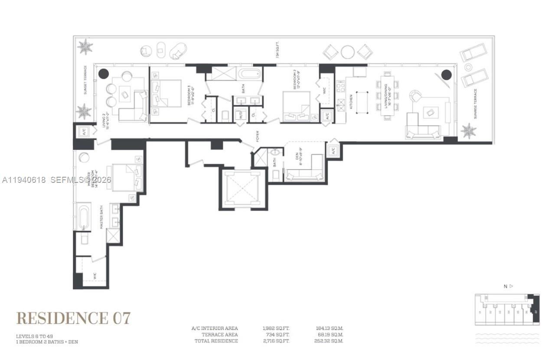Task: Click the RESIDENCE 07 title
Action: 73,318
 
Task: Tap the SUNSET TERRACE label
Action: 85,80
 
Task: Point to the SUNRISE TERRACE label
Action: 475,104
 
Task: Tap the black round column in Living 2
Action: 103,74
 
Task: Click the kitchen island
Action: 362,102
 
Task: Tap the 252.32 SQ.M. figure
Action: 329,341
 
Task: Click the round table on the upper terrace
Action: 347,52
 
